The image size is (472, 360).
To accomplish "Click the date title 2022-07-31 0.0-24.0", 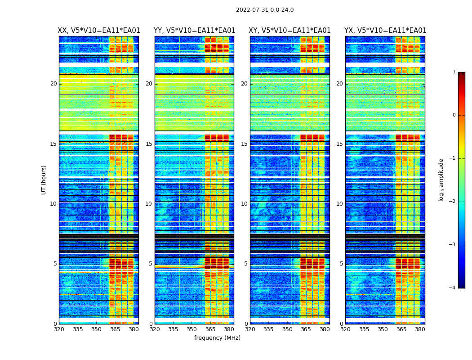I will (x=265, y=10).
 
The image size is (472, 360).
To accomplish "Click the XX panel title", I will (x=99, y=31).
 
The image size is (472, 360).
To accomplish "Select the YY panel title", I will (x=194, y=31).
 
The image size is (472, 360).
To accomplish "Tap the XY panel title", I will (x=290, y=31).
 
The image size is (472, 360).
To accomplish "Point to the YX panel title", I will (x=385, y=31).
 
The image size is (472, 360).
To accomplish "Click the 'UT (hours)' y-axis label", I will (x=44, y=180).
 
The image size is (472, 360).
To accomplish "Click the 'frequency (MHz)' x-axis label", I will (x=217, y=338).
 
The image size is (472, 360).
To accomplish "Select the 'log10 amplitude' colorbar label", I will (x=441, y=180).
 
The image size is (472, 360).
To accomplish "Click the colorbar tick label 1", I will (x=454, y=72).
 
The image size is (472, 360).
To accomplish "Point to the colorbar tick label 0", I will (x=454, y=115).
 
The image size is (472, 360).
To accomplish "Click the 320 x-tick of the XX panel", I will (x=59, y=329).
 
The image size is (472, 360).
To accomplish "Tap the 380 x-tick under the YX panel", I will (x=420, y=329).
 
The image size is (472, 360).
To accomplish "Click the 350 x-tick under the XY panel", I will (x=287, y=329).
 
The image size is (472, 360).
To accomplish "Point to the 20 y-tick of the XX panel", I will (x=53, y=84).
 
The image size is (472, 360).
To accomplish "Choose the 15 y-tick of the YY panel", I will (x=149, y=144).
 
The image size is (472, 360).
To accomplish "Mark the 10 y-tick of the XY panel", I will (x=244, y=204).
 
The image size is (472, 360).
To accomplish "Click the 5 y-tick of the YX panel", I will (x=341, y=264).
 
